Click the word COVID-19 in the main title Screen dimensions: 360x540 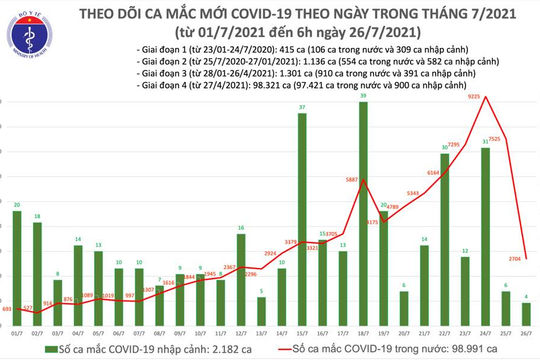click(x=312, y=12)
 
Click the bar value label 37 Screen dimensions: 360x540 click(x=302, y=107)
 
